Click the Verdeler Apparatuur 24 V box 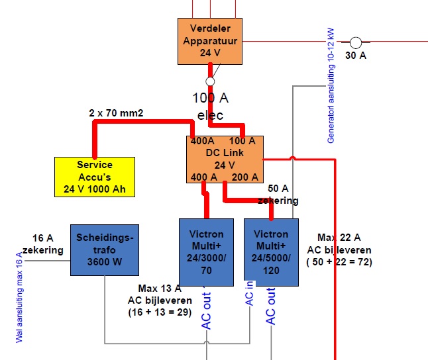tap(210, 40)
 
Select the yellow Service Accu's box tap(95, 177)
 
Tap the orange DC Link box tap(225, 159)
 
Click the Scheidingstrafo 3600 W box tap(105, 249)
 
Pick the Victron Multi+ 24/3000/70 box tap(206, 251)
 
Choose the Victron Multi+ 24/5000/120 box tap(271, 252)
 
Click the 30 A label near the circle tap(356, 56)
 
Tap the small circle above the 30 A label tap(356, 43)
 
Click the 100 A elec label tap(211, 107)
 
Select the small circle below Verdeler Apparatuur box tap(210, 81)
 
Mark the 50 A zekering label tap(278, 195)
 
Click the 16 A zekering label tap(43, 244)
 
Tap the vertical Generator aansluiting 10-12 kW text tap(331, 85)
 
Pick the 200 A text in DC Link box tap(244, 177)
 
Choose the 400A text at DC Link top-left tap(202, 141)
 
